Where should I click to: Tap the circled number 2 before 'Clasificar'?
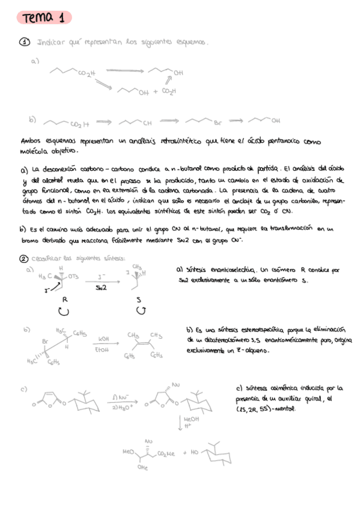[23, 258]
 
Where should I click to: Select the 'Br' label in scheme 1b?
[219, 123]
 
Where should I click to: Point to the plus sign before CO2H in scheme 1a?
[155, 91]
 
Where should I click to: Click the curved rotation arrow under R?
[64, 310]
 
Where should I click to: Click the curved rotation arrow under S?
[141, 310]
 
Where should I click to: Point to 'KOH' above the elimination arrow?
[103, 340]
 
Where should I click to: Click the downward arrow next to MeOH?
[180, 423]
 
